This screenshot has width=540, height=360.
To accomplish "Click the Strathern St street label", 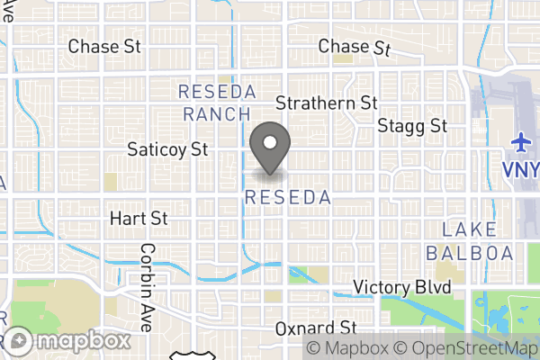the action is (x=325, y=103).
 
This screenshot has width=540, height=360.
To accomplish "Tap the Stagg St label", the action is (x=413, y=125).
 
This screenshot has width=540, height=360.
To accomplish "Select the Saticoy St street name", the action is (x=168, y=148).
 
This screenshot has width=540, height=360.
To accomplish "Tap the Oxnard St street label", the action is (x=317, y=328).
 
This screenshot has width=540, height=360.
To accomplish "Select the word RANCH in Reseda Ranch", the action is (x=216, y=114).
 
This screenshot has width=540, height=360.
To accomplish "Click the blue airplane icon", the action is (x=521, y=144).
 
